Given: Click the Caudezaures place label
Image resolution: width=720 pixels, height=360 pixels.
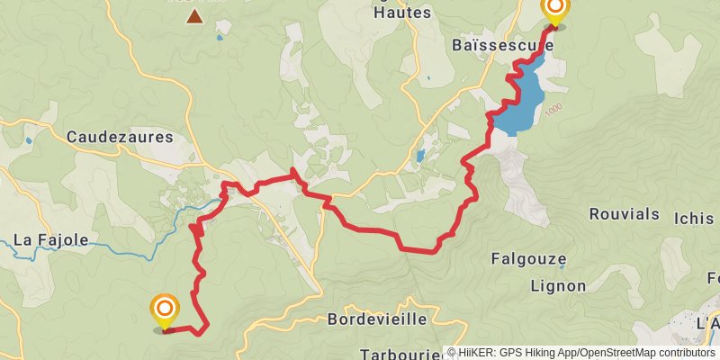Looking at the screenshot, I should point(119,138).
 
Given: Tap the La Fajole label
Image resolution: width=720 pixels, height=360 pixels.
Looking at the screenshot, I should point(51,240).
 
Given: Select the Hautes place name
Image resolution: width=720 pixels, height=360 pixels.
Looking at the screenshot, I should point(402,13).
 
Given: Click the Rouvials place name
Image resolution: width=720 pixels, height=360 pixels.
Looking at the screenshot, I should point(625,214).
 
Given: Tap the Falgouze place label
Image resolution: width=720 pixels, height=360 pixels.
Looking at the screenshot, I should point(528,259).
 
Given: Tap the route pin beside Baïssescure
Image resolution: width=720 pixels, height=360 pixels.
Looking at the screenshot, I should point(554,12).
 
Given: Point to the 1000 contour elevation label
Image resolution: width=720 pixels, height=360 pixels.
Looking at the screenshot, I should point(553,108).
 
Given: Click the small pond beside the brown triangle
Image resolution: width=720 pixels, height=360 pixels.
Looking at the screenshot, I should point(219,38).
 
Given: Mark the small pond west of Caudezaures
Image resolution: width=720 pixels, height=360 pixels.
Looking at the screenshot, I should point(30,140).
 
